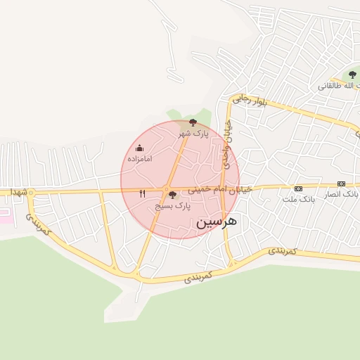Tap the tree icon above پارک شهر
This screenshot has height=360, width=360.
pyautogui.click(x=193, y=122)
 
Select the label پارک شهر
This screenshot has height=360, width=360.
pyautogui.click(x=193, y=133)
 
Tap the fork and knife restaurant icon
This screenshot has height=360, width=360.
pyautogui.click(x=143, y=193)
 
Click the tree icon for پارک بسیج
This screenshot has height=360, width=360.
pyautogui.click(x=172, y=195)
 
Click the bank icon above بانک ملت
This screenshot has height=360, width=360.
pyautogui.click(x=298, y=188)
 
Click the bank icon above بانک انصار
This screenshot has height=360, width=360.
pyautogui.click(x=342, y=184)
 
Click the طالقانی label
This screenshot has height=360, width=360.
pyautogui.click(x=338, y=86)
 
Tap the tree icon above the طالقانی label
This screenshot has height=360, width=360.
pyautogui.click(x=352, y=75)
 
